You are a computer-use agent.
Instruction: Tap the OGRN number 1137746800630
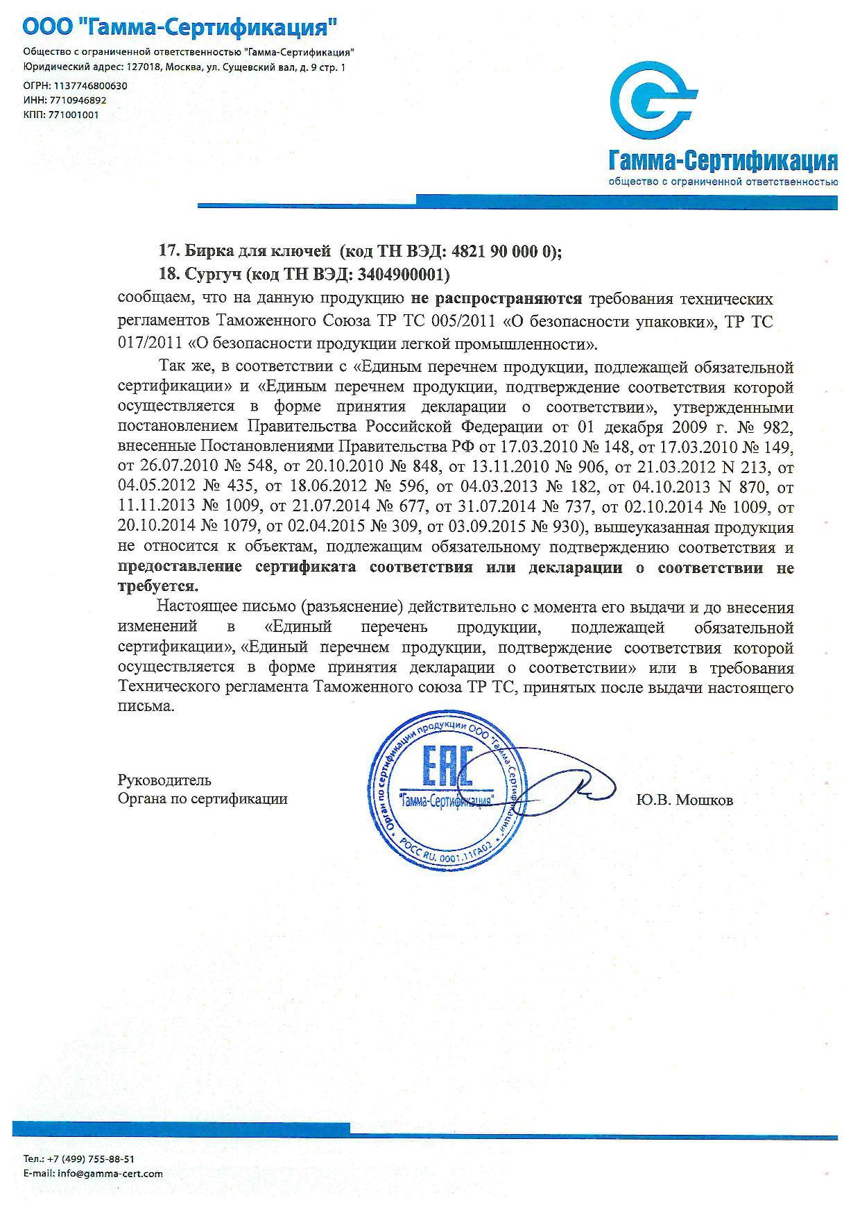[87, 86]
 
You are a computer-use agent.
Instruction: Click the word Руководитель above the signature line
[164, 780]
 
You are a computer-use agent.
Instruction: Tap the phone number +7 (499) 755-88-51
[89, 1158]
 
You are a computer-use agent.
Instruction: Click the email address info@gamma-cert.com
[110, 1174]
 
